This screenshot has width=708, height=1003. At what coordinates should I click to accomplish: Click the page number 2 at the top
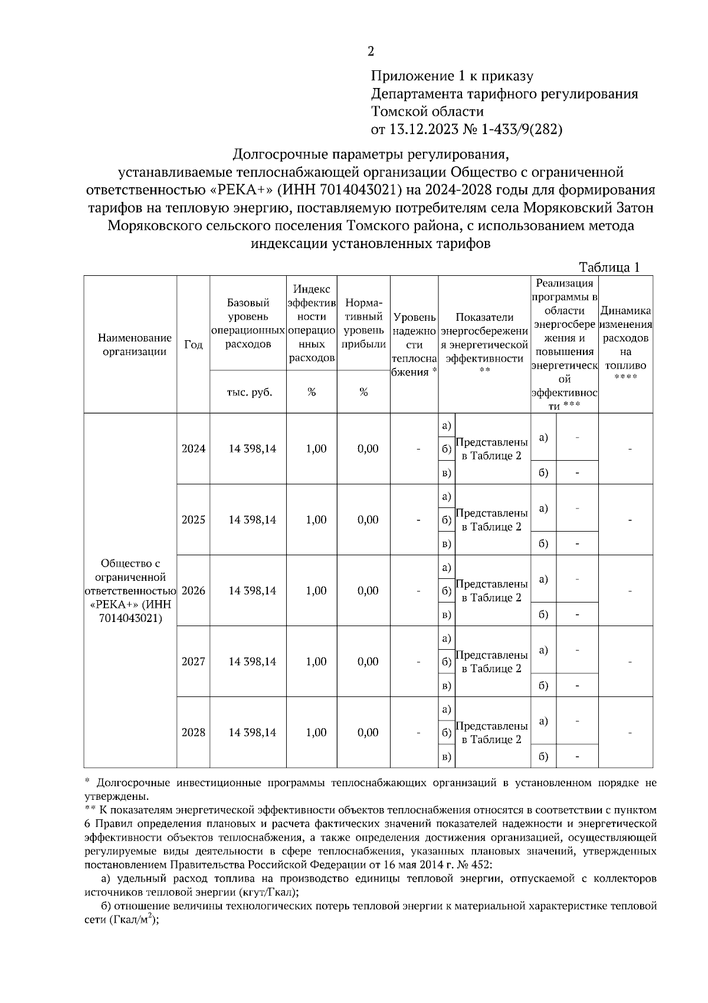[x=371, y=52]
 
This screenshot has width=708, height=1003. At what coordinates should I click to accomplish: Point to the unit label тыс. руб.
[x=249, y=392]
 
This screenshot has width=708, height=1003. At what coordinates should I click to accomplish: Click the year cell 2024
[x=194, y=449]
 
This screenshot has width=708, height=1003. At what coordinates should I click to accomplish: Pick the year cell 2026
[x=194, y=591]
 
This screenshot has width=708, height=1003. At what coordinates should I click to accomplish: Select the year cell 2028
[x=194, y=732]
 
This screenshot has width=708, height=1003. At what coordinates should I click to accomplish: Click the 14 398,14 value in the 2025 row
[x=253, y=520]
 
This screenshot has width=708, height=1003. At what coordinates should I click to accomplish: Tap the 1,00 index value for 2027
[x=316, y=662]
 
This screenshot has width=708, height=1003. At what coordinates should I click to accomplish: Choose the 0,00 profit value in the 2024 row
[x=368, y=449]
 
